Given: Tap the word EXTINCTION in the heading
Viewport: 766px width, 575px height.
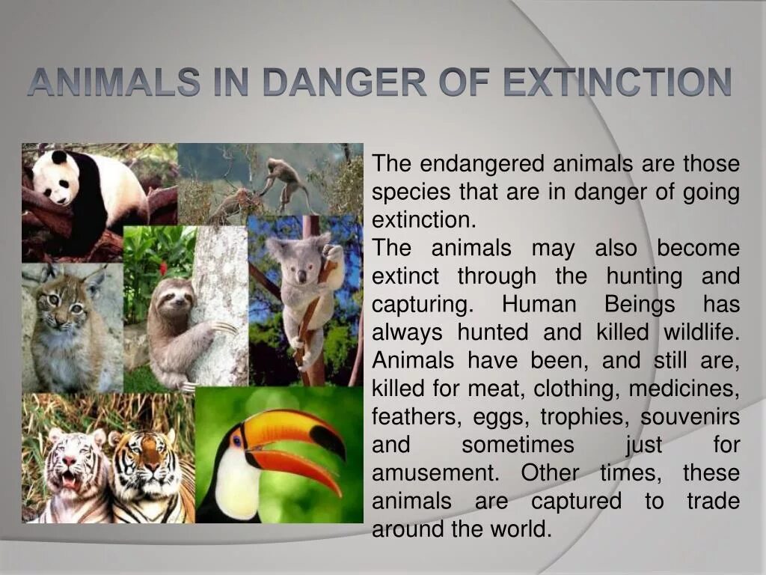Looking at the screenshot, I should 617,82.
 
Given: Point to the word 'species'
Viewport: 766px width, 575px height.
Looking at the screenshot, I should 411,192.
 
